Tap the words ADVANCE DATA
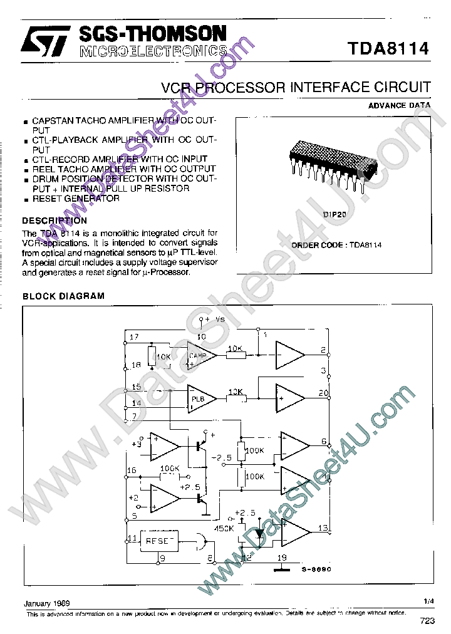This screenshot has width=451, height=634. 399,105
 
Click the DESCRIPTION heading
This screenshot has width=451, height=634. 54,221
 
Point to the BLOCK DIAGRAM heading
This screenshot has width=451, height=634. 63,296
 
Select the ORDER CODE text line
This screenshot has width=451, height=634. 336,245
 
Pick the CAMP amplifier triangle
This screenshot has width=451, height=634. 201,355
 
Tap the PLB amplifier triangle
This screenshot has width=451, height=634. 201,398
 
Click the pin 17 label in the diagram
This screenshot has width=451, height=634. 133,338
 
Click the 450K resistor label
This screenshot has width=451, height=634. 225,528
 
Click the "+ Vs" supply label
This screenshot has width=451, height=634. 212,319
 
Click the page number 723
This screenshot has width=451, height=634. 427,621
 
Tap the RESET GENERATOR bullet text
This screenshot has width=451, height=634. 75,199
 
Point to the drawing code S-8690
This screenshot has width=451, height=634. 316,569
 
